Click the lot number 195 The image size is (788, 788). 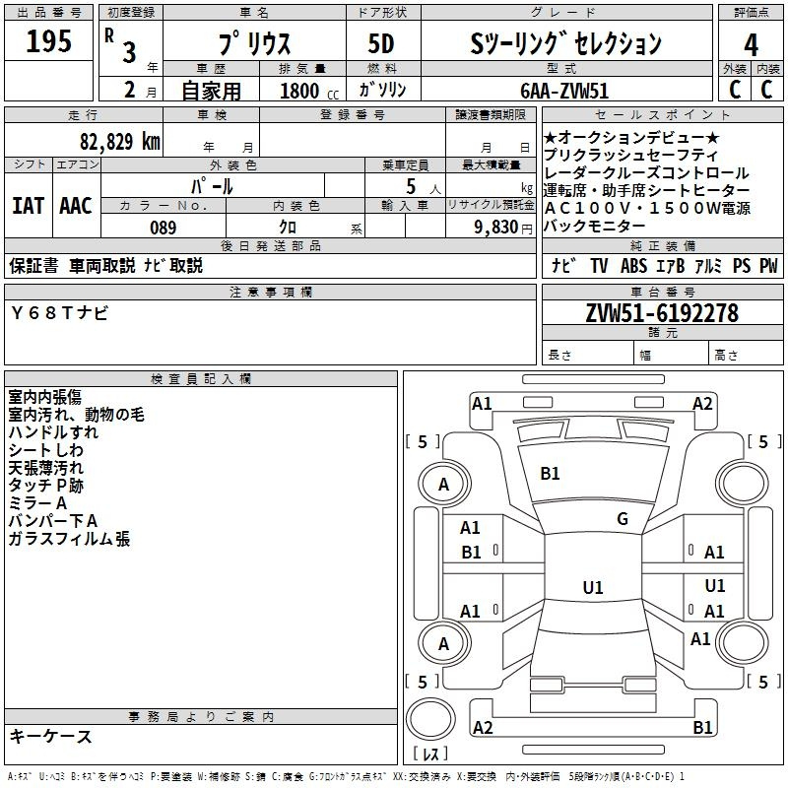coord(48,41)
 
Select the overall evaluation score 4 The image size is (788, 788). coord(752,44)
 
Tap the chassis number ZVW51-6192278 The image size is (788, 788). coord(662,313)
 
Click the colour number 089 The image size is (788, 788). coord(164,227)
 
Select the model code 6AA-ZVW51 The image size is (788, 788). coord(564,90)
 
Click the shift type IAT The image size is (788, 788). coord(28,205)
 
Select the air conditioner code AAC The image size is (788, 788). coord(75,205)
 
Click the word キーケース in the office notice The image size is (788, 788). coord(50,736)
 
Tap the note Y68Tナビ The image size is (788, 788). coord(60,313)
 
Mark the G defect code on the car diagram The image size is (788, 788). coord(623,519)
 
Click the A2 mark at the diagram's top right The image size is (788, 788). coord(702,404)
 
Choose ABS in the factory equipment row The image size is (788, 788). coord(633,265)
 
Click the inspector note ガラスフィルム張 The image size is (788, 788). coord(69,539)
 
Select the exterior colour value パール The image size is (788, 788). coord(213,185)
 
